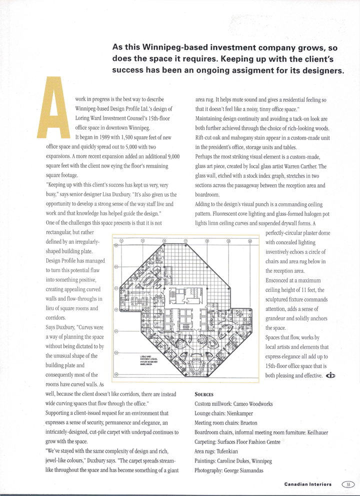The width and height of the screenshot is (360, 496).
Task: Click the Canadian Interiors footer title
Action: pyautogui.click(x=310, y=484)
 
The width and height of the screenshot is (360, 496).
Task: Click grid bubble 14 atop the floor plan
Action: pyautogui.click(x=122, y=241)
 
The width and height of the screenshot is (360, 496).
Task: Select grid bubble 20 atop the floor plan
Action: pyautogui.click(x=250, y=241)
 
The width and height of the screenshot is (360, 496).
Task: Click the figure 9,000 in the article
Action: pyautogui.click(x=171, y=156)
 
